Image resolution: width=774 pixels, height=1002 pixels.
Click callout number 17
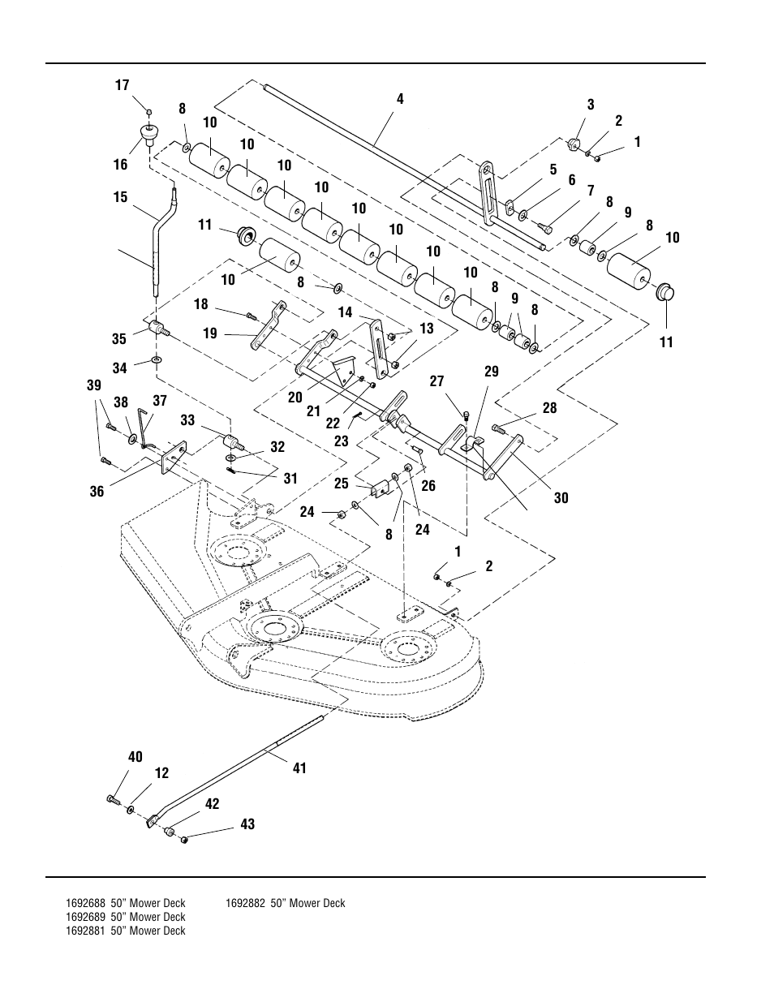(x=123, y=85)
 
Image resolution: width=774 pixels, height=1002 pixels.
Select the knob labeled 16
(x=149, y=134)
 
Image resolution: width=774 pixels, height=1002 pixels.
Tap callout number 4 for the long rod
(x=400, y=99)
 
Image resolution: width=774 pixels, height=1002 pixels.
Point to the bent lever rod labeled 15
(x=156, y=243)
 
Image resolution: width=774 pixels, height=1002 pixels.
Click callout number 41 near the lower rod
(x=299, y=768)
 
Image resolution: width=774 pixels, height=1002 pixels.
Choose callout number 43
(x=247, y=824)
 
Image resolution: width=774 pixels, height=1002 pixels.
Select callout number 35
(x=119, y=339)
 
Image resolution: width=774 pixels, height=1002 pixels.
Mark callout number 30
(x=561, y=498)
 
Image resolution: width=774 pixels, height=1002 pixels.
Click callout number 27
(x=437, y=381)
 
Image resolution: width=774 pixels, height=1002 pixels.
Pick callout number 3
(x=591, y=104)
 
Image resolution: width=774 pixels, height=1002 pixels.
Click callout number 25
(x=341, y=484)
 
